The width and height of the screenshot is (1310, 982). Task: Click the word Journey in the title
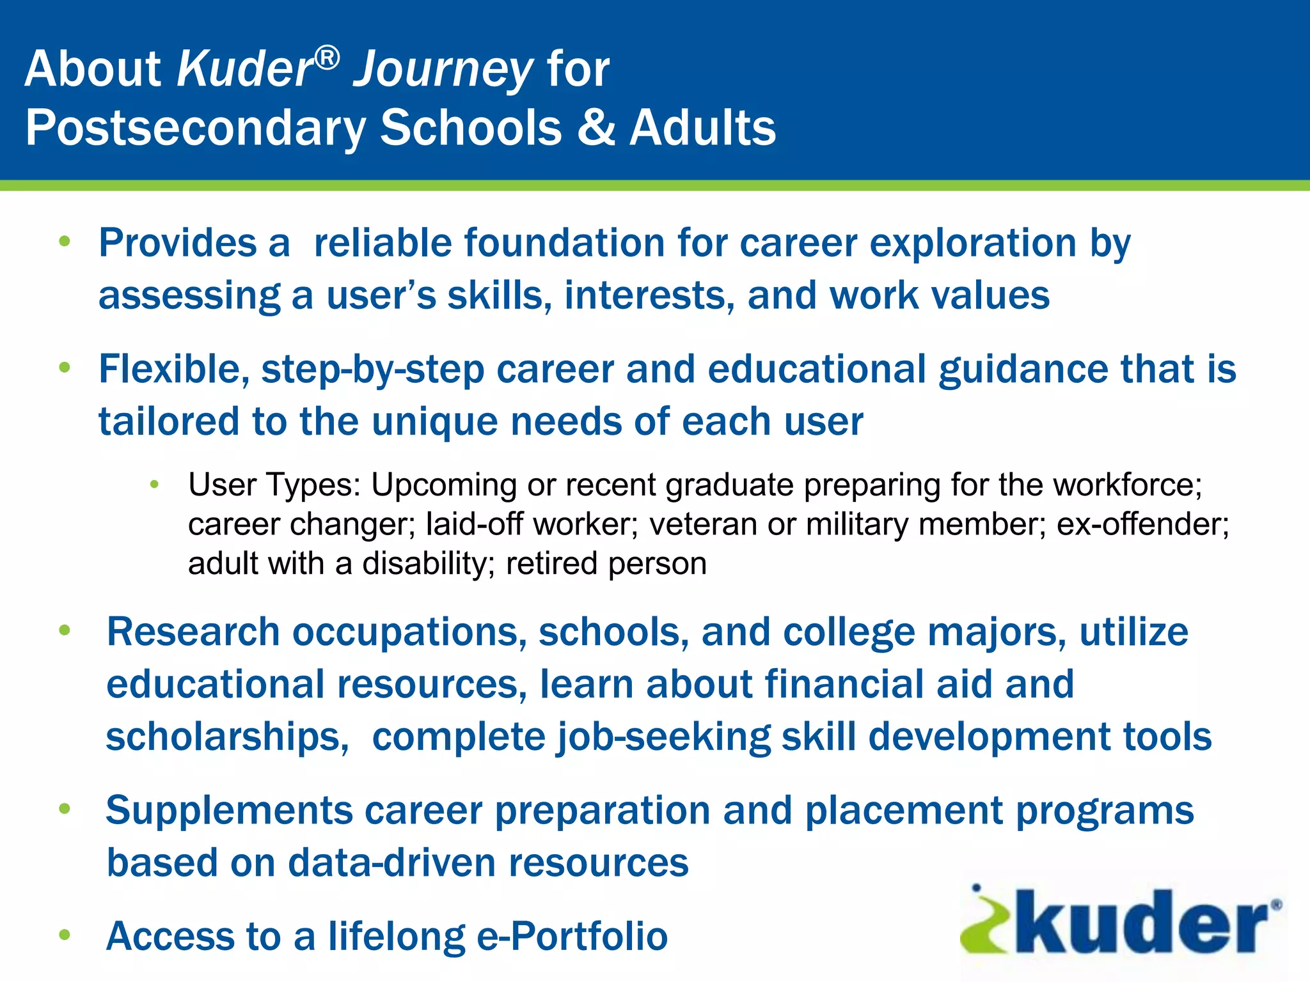coord(443,70)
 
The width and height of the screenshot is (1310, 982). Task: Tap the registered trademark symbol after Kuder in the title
coord(327,58)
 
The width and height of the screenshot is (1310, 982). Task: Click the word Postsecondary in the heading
coord(196,129)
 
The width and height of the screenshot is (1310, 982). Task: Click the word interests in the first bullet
coord(649,296)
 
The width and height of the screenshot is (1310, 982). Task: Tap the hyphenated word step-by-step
coord(372,371)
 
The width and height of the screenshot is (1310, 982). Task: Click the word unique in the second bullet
coord(434,423)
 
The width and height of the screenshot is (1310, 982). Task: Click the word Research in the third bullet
coord(193,632)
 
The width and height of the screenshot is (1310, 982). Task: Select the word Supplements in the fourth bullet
coord(229,811)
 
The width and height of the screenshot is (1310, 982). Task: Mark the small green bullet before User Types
coord(154,485)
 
